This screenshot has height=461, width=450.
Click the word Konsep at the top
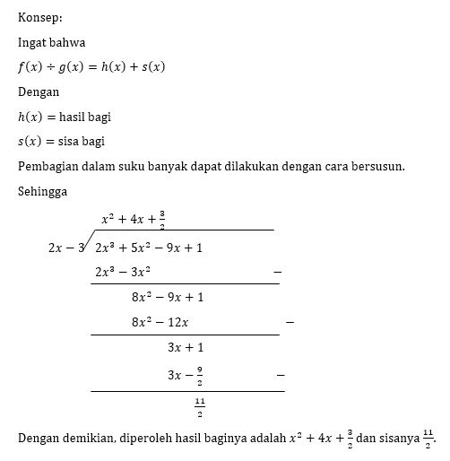point(39,16)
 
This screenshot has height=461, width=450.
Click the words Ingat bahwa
point(50,41)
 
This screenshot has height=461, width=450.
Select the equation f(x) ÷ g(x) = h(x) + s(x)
point(91,66)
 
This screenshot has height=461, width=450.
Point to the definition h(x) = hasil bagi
point(65,117)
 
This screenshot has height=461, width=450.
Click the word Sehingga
point(43,191)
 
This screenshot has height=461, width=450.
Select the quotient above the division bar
point(134,218)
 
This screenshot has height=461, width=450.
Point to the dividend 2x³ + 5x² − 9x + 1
point(148,248)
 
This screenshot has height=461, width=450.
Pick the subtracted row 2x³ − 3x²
point(123,271)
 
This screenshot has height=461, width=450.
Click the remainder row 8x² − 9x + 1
point(168,297)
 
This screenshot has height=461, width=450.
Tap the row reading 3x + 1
point(186,346)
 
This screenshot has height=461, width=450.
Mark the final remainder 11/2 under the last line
point(199,408)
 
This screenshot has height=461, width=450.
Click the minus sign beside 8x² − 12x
point(289,321)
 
